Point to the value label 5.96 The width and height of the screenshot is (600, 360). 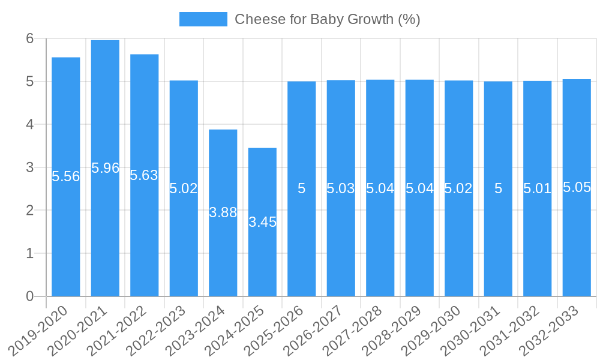tap(106, 168)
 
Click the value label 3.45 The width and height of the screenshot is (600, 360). tap(262, 222)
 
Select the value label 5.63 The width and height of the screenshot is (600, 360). tap(144, 175)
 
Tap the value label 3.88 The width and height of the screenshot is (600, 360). tap(223, 212)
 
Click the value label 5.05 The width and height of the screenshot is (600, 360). tap(577, 187)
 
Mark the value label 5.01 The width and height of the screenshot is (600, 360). tap(537, 188)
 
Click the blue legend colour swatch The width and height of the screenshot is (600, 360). tap(203, 19)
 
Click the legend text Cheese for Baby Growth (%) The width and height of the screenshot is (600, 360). tap(327, 19)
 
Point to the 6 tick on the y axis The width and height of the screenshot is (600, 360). tap(30, 38)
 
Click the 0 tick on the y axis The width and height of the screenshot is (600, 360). tap(30, 296)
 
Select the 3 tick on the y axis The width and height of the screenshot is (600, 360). tap(30, 167)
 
